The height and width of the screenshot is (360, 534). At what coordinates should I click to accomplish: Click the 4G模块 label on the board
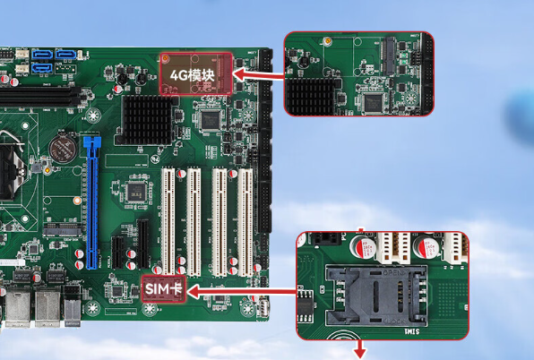pos(192,75)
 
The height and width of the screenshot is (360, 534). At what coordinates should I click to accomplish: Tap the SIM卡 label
pos(163,289)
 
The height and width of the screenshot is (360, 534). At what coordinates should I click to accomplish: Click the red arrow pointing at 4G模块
pos(258,74)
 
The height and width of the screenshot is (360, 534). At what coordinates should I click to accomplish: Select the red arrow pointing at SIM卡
pos(242,292)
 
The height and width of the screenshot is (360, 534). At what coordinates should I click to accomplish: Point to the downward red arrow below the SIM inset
pos(360,350)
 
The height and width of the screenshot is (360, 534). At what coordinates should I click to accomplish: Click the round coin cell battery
pos(62,149)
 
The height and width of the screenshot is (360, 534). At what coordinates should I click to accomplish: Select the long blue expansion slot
pos(91,202)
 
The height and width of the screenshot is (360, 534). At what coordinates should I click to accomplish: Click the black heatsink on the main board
pos(147,119)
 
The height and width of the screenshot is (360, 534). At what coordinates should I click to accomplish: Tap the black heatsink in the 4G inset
pos(311,97)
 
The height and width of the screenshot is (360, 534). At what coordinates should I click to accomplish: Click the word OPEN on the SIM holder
pos(393,272)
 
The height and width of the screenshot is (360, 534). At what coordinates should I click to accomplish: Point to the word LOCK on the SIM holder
pos(395,321)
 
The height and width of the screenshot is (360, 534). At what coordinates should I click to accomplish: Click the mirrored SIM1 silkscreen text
pos(412,331)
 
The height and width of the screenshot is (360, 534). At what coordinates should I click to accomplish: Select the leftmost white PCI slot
pos(168,221)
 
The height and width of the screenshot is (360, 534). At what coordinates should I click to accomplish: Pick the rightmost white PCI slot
pos(245,222)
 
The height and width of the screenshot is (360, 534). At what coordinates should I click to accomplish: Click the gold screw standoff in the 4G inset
pos(328,41)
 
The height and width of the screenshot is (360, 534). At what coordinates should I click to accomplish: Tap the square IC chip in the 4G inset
pos(373,103)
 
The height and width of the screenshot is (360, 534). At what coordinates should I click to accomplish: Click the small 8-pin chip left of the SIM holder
pos(306,306)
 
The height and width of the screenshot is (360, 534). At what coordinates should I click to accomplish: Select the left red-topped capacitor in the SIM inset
pos(364,246)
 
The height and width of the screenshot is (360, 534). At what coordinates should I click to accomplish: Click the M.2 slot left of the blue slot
pos(63,230)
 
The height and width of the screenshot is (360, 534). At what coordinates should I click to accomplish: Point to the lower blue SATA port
pos(42,68)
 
